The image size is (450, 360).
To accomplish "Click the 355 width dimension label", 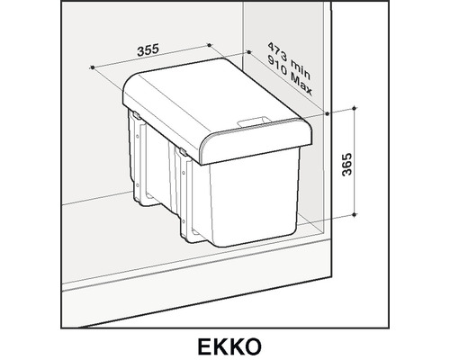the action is pyautogui.click(x=148, y=50).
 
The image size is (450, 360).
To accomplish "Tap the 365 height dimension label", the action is pyautogui.click(x=346, y=165).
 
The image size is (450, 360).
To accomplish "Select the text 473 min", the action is pyautogui.click(x=289, y=61).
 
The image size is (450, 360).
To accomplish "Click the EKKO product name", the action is pyautogui.click(x=229, y=346).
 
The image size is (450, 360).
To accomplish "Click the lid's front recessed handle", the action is pyautogui.click(x=254, y=121).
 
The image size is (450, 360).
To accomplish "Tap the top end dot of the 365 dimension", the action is pyautogui.click(x=355, y=108).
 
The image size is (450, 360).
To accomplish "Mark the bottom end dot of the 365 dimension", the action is pyautogui.click(x=355, y=214).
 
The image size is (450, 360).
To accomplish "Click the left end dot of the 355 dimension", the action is pyautogui.click(x=93, y=67).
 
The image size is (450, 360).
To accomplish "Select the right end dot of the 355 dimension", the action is pyautogui.click(x=209, y=45).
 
